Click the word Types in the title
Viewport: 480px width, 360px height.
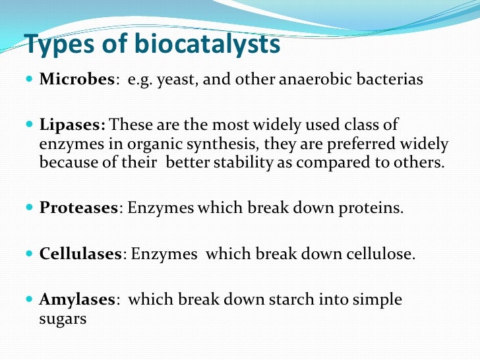pos(57,45)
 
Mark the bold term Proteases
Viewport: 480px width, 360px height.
pos(78,208)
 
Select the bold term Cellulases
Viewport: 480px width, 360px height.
pos(80,254)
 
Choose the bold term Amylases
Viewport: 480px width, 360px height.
pos(77,300)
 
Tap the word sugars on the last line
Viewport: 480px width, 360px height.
pos(63,318)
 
